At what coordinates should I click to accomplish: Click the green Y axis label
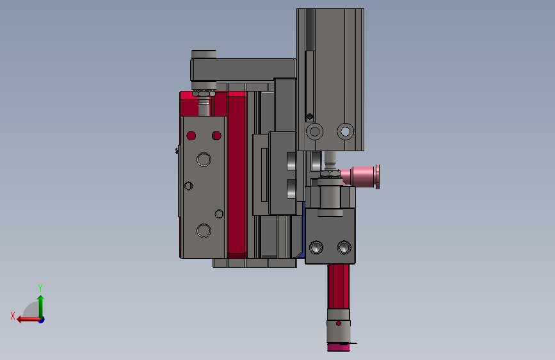click(x=40, y=288)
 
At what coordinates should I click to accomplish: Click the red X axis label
click(x=13, y=316)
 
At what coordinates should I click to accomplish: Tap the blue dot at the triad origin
click(x=42, y=320)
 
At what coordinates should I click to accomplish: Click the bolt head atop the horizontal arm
click(x=204, y=54)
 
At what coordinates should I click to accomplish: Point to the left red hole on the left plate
click(x=191, y=136)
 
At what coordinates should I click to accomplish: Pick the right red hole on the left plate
click(x=216, y=136)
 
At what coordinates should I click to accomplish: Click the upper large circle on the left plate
click(x=204, y=160)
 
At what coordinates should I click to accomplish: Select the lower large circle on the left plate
click(x=204, y=231)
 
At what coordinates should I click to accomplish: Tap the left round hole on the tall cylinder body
click(x=314, y=131)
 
